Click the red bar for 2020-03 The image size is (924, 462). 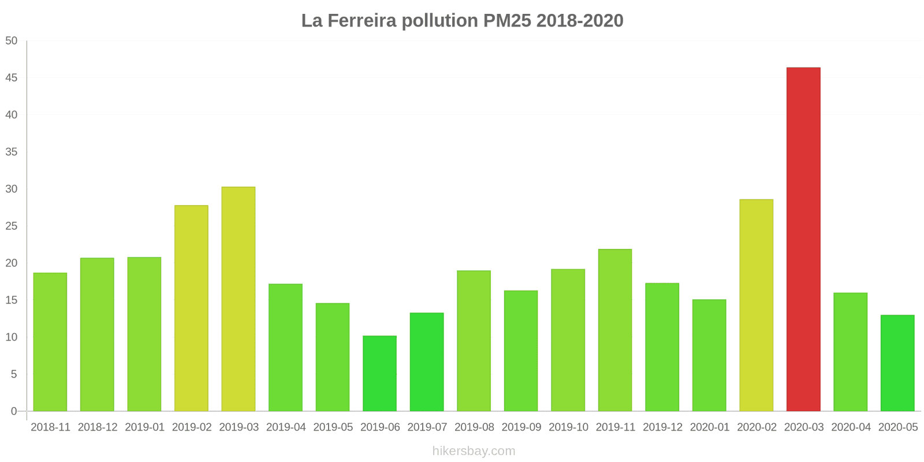click(803, 239)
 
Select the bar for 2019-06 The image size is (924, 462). click(379, 374)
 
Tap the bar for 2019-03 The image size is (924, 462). click(239, 299)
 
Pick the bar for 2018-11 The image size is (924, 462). click(50, 342)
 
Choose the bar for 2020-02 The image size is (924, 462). click(756, 305)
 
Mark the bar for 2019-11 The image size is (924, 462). click(615, 330)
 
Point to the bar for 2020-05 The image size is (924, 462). click(897, 363)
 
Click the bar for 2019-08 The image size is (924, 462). click(474, 341)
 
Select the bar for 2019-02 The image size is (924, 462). click(191, 308)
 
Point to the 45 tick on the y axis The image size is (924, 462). click(12, 78)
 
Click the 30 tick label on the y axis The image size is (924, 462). click(12, 189)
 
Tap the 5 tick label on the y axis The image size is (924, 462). click(14, 374)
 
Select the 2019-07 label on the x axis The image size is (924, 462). click(427, 427)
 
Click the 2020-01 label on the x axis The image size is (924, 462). click(710, 427)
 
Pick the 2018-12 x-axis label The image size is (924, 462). click(98, 427)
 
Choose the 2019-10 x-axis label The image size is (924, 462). click(568, 427)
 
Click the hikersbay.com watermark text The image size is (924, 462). click(474, 451)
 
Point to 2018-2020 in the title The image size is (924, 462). click(580, 21)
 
